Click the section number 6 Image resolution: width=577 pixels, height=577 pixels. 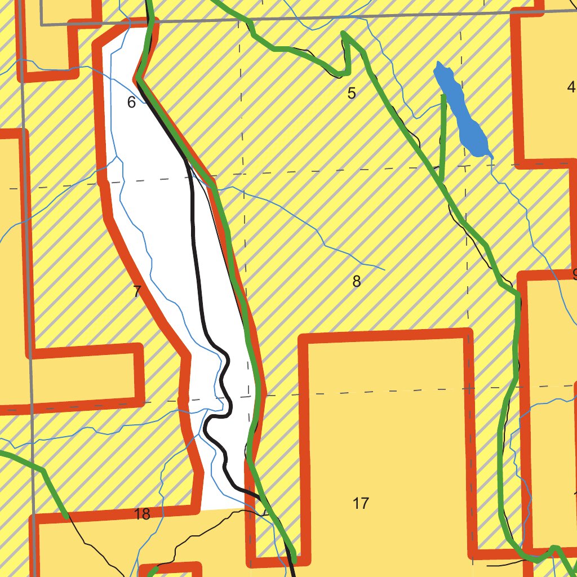(132, 103)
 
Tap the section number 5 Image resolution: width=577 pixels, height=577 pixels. (352, 94)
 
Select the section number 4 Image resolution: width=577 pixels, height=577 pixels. (571, 87)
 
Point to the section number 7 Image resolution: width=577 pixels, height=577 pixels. (136, 292)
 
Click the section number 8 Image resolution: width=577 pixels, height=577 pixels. (356, 281)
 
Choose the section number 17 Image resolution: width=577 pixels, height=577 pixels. (361, 503)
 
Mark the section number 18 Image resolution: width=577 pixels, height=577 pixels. (143, 514)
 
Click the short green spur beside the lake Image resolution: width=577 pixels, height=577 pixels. (443, 135)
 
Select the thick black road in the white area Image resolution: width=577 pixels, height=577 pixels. (197, 254)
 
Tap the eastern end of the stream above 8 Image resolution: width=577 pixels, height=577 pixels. (384, 269)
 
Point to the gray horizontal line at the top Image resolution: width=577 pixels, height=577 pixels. (338, 18)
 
